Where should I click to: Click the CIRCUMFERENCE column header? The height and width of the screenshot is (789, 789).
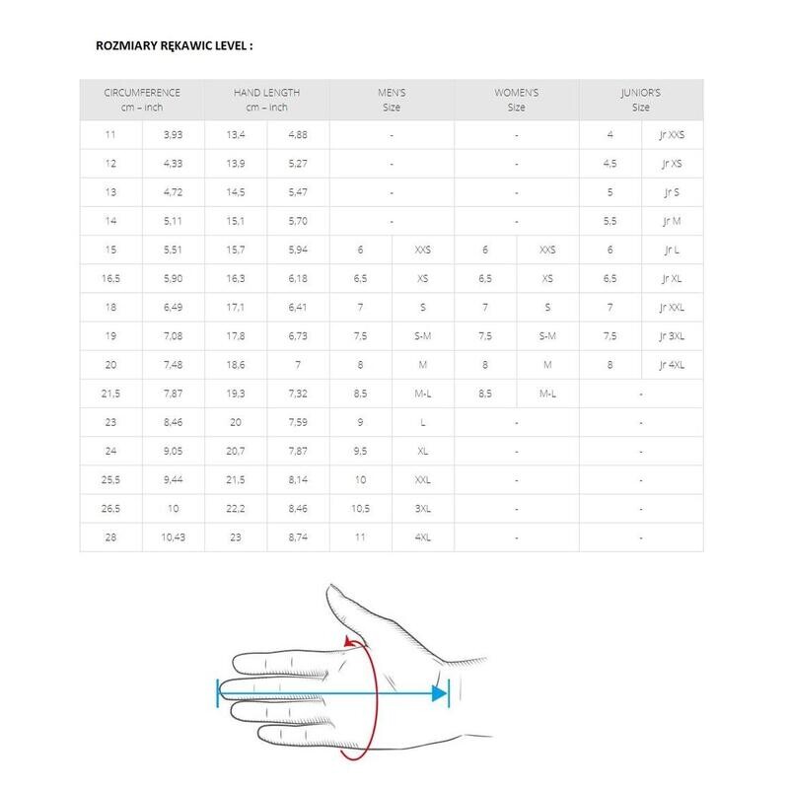coord(142,92)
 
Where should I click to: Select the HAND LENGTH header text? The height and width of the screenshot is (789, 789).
coord(266,92)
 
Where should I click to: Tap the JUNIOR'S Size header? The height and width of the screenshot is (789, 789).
coord(641,92)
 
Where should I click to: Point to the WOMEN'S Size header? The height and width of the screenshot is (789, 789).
coord(516,92)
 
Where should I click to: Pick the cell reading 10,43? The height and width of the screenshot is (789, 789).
coord(174,538)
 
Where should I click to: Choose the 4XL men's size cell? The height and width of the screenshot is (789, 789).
coord(422,538)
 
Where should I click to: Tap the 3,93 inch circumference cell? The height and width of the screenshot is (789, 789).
coord(174,134)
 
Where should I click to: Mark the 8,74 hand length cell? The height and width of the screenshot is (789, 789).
coord(298,538)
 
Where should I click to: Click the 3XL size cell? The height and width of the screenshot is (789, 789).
coord(422,509)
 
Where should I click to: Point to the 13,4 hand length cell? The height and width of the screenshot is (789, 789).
coord(236,134)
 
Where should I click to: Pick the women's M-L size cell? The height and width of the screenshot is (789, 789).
coord(547,394)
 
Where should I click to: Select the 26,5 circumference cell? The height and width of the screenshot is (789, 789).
coord(111,509)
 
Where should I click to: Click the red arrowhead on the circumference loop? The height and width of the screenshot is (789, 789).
coord(349,642)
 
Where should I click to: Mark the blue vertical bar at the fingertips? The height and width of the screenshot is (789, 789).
coord(217,693)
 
